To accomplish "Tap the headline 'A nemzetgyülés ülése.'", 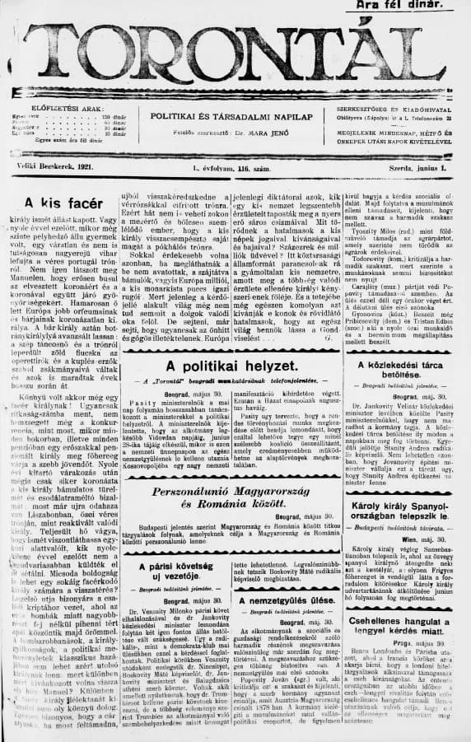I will click(289, 600).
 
